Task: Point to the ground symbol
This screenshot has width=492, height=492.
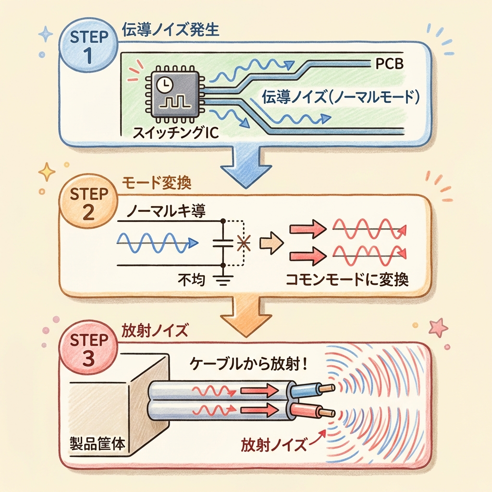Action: tap(223, 278)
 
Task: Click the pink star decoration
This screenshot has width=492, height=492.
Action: tap(438, 328)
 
